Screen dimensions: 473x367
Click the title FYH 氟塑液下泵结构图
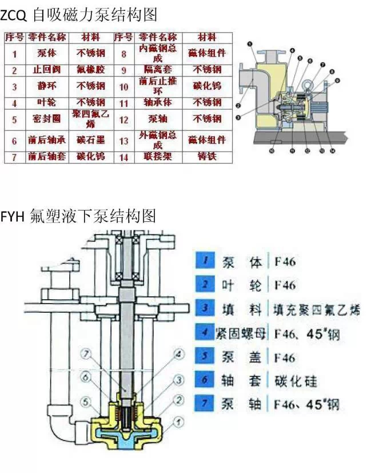pos(78,216)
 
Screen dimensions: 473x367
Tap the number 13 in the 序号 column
pos(124,140)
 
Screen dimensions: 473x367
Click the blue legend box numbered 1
pos(205,262)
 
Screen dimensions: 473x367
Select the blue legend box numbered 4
pos(205,333)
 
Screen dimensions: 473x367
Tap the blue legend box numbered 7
pos(205,404)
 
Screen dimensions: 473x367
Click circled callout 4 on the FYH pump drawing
pos(179,354)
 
